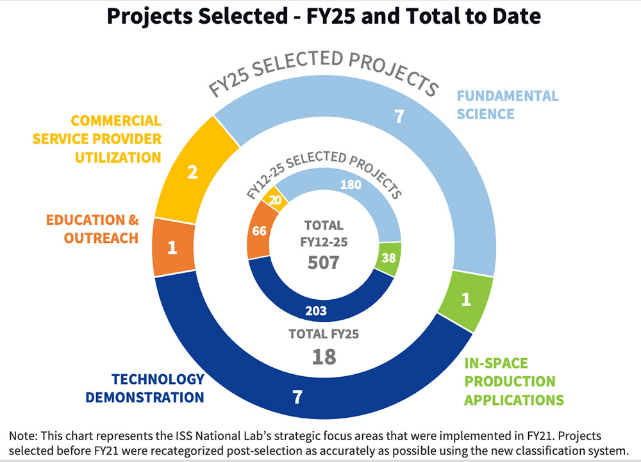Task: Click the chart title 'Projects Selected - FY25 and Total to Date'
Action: click(324, 16)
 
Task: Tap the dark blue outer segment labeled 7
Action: click(297, 397)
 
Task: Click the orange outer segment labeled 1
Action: click(172, 247)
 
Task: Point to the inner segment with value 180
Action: click(351, 186)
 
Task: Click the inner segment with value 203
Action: click(317, 311)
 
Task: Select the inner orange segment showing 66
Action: click(259, 231)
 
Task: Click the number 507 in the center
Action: click(324, 263)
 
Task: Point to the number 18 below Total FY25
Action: click(324, 356)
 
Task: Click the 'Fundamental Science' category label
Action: click(507, 105)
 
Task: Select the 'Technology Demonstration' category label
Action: click(145, 388)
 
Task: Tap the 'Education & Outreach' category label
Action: click(92, 229)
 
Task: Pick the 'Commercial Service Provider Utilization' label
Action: click(116, 138)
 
